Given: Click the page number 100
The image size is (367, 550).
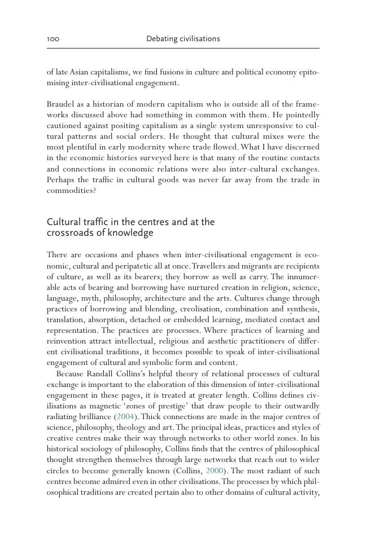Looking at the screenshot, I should point(53,39).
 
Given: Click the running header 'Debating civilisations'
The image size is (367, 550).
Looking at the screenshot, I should point(183,39).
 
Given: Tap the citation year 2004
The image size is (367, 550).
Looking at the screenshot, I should point(125,417).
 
